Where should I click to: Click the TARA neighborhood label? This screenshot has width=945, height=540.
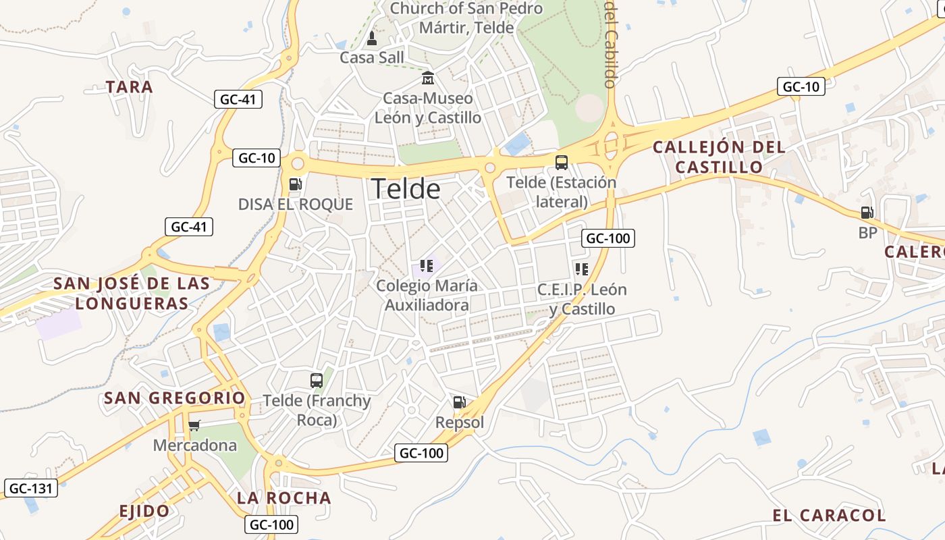tap(130, 87)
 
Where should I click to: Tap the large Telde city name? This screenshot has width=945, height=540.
tap(406, 189)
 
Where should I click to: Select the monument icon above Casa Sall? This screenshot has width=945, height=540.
tap(371, 37)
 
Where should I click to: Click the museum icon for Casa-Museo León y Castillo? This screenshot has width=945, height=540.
tap(428, 78)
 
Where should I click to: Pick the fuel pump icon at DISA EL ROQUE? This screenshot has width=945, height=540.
tap(295, 184)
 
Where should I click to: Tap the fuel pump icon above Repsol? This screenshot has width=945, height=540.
tap(459, 402)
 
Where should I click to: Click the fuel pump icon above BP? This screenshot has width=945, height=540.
tap(867, 213)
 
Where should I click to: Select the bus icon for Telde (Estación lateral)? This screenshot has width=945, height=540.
tap(562, 162)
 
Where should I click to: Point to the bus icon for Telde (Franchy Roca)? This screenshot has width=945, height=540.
tap(317, 380)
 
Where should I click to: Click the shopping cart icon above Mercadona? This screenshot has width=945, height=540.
tap(194, 425)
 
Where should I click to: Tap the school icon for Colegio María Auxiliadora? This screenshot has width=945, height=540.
tap(426, 266)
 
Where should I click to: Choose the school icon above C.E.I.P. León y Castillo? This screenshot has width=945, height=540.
tap(582, 269)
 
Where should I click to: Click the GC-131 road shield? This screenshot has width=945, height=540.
tap(31, 488)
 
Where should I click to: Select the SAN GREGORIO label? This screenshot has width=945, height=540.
tap(175, 398)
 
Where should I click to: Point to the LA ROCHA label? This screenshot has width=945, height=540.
tap(284, 498)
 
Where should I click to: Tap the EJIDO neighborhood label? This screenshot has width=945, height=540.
tap(144, 511)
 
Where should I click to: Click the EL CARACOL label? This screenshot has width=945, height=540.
tap(829, 516)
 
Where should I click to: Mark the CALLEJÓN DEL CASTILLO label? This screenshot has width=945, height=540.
tap(719, 157)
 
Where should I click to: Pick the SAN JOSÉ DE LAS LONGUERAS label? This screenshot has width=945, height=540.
tap(132, 294)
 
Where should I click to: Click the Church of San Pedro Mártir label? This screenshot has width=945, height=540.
tap(466, 18)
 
